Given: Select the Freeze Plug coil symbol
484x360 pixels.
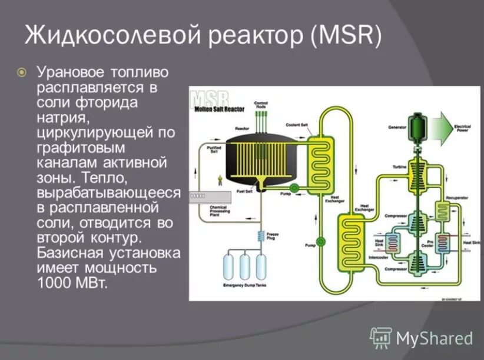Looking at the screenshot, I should point(260,235).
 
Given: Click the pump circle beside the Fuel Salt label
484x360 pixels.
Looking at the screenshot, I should point(294,188).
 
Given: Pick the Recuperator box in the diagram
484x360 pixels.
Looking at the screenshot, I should point(443,210).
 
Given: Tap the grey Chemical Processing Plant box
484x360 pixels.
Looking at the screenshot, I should point(204,195).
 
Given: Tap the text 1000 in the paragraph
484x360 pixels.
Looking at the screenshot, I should point(57,282).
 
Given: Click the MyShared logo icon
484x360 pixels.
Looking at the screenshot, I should point(380,337).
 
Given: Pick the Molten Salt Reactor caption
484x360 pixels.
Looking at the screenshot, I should point(219,109).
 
